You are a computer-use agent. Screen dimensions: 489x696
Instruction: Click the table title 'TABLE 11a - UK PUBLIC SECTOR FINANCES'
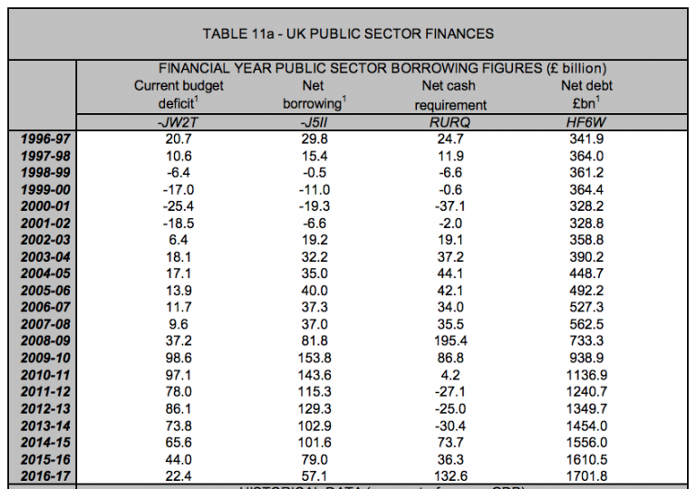pyautogui.click(x=348, y=34)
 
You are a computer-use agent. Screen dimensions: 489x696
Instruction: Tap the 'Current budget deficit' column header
pyautogui.click(x=179, y=95)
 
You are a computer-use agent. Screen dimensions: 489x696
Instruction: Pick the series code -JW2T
pyautogui.click(x=179, y=122)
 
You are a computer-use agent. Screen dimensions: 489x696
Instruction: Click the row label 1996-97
pyautogui.click(x=46, y=139)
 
